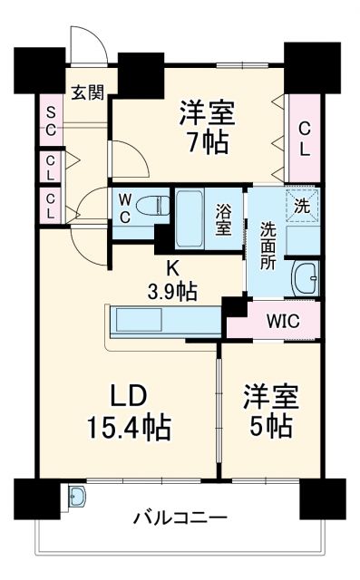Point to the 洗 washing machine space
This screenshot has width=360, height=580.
tap(300, 206)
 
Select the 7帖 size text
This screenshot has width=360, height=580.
tap(209, 142)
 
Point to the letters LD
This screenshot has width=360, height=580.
tap(128, 396)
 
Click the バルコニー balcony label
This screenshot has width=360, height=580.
tap(180, 519)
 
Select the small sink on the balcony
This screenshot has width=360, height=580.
tap(78, 498)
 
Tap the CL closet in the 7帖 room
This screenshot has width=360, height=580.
tap(304, 137)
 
